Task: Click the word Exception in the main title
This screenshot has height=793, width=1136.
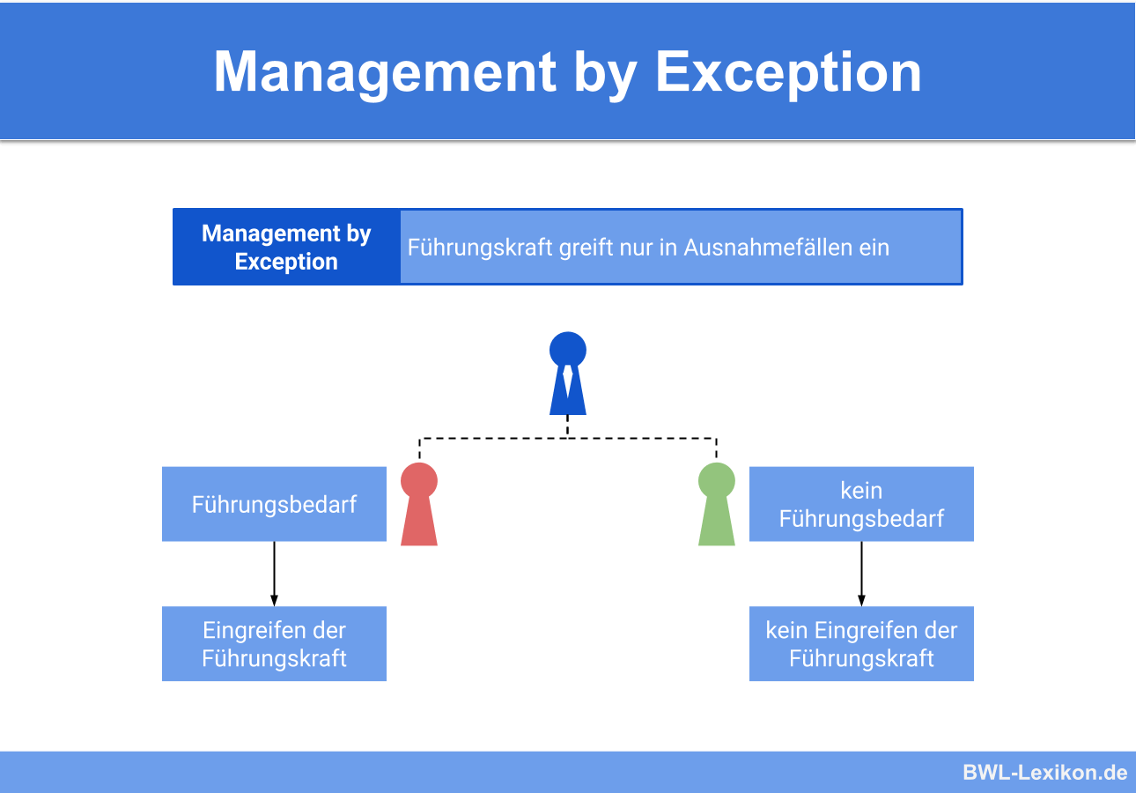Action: (788, 71)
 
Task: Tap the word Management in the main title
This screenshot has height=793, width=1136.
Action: (385, 71)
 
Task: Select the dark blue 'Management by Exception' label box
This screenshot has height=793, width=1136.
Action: (286, 248)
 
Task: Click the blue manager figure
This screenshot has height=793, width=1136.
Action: (568, 374)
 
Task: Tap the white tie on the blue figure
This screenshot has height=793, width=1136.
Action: (568, 381)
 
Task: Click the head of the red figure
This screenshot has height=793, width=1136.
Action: (419, 480)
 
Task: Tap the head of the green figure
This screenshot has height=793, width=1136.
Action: (717, 480)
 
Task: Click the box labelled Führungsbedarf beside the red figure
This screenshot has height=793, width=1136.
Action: (274, 504)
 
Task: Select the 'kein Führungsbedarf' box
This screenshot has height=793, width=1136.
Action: (861, 504)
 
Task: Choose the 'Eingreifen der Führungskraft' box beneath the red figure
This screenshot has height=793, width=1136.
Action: (274, 644)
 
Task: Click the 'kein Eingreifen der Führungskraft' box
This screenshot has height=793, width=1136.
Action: (861, 644)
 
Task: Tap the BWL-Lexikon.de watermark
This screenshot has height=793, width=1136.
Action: (1044, 773)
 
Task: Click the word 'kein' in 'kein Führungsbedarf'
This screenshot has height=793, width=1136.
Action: (861, 491)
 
